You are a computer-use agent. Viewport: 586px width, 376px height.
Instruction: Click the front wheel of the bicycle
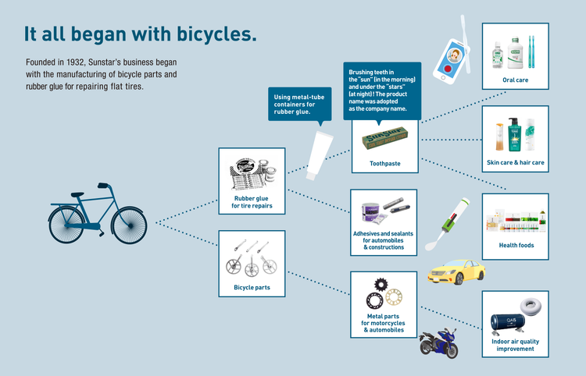(x=129, y=225)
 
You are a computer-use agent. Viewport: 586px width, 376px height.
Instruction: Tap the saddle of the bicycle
(x=77, y=195)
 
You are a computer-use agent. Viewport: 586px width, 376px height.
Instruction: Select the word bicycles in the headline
(x=216, y=34)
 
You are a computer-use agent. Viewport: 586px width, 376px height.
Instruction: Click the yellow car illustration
(x=456, y=271)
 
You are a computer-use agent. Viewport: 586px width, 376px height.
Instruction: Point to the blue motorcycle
(x=439, y=343)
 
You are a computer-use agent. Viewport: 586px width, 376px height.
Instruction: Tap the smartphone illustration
(x=451, y=60)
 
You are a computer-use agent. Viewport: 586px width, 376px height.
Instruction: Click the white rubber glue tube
(x=319, y=155)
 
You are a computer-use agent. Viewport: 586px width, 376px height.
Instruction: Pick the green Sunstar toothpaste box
(x=384, y=137)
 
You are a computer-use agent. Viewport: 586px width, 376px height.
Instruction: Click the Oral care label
(x=516, y=80)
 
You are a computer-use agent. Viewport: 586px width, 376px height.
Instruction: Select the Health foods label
(x=516, y=245)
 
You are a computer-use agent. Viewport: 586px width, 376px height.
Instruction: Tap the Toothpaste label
(x=385, y=163)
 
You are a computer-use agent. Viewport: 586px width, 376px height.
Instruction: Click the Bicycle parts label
(x=252, y=287)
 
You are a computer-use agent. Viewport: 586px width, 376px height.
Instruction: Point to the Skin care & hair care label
(x=516, y=162)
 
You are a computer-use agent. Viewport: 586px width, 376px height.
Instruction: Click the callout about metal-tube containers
(x=300, y=104)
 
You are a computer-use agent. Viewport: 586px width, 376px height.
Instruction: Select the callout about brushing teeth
(x=382, y=91)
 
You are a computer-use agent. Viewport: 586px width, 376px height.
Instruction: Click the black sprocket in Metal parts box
(x=381, y=285)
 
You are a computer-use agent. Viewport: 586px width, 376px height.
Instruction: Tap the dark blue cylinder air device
(x=508, y=323)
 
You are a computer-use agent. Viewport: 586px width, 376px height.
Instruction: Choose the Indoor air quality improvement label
(x=516, y=345)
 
